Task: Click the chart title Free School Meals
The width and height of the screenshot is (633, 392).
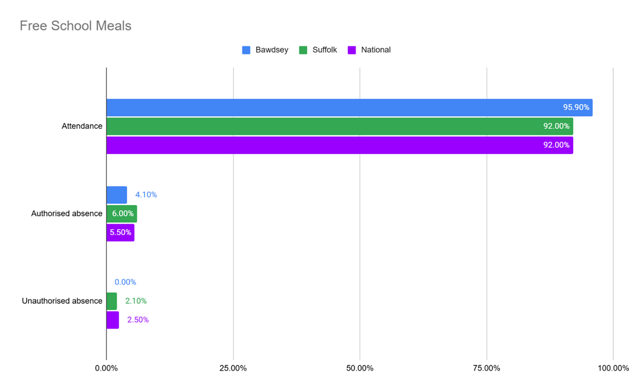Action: coord(75,26)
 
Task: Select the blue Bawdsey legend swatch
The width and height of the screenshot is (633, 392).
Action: coord(246,50)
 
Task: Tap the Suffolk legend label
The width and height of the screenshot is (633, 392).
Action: coord(325,50)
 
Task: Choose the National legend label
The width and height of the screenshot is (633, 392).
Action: coord(376,50)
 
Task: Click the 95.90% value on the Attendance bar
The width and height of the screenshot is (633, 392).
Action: coord(576,107)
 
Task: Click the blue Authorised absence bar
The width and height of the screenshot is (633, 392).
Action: coord(116,195)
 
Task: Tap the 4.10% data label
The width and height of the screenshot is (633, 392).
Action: coord(146,195)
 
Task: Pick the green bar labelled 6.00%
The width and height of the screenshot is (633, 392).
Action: coord(121,214)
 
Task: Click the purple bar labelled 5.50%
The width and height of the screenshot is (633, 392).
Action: coord(120,232)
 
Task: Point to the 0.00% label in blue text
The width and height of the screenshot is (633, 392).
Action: coord(125,282)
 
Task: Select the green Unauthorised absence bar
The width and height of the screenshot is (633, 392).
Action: coord(112,301)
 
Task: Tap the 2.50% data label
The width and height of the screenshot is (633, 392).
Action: coord(138,320)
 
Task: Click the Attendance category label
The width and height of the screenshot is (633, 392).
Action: coord(82,126)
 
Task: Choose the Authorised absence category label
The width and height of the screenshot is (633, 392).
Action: coord(67,214)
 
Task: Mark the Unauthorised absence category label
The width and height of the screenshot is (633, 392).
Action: coord(62,301)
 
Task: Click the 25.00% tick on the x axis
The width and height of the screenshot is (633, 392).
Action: coord(233,368)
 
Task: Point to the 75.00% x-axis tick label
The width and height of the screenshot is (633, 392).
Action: coord(487,368)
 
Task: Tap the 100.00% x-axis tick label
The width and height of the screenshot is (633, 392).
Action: coord(613,368)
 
